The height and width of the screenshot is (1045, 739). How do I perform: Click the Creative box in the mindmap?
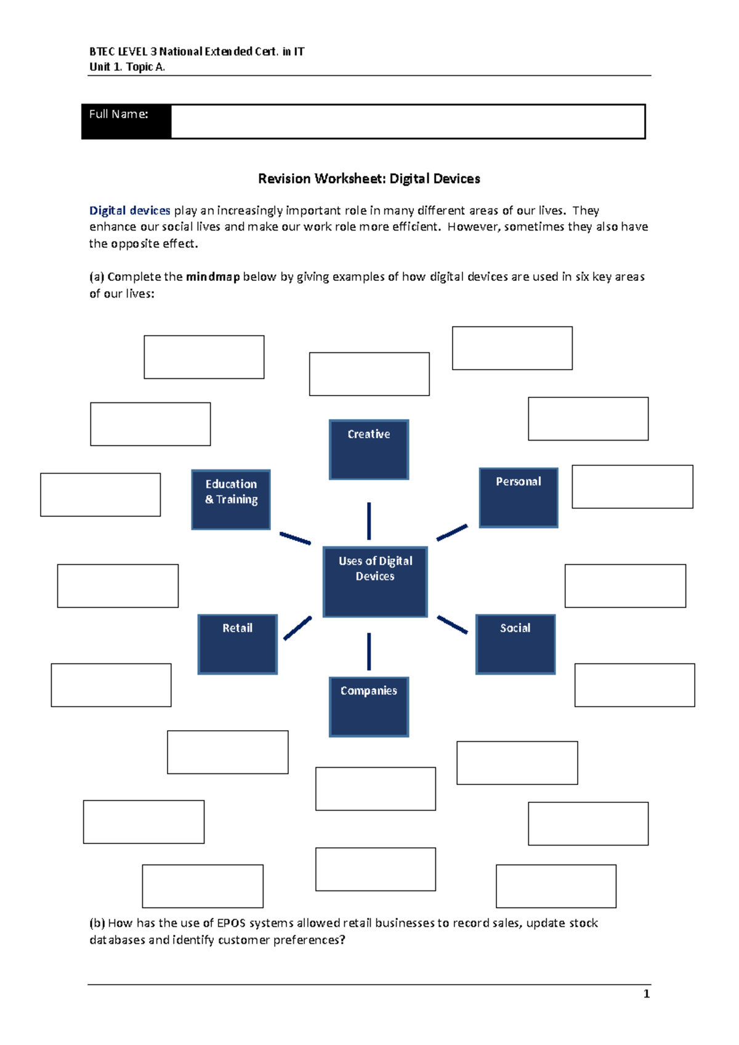click(369, 449)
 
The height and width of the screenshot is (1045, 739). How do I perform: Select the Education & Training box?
click(231, 499)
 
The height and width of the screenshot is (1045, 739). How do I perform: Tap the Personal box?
click(519, 497)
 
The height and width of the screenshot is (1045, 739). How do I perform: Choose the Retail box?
click(238, 644)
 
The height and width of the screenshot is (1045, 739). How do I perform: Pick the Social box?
click(515, 644)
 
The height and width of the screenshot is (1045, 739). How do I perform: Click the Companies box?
click(369, 707)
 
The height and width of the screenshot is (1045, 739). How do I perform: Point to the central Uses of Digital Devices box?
click(375, 582)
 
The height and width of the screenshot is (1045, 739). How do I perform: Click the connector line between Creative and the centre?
click(369, 521)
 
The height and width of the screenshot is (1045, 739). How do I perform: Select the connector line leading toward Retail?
click(297, 628)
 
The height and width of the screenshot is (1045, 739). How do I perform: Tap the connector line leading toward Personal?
click(452, 532)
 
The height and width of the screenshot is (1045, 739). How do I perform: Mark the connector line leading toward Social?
click(452, 624)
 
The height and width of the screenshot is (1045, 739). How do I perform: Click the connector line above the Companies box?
click(369, 651)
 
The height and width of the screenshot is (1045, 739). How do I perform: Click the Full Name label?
click(119, 115)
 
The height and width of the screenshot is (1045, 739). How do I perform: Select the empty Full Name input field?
click(408, 121)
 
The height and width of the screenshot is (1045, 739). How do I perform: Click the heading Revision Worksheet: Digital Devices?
click(369, 179)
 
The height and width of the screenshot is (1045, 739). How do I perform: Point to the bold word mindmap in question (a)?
click(212, 277)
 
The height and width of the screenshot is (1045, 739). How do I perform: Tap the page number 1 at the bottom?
click(646, 994)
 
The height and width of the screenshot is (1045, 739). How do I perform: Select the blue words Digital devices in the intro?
click(129, 211)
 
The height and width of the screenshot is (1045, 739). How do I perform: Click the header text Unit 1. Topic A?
click(127, 67)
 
